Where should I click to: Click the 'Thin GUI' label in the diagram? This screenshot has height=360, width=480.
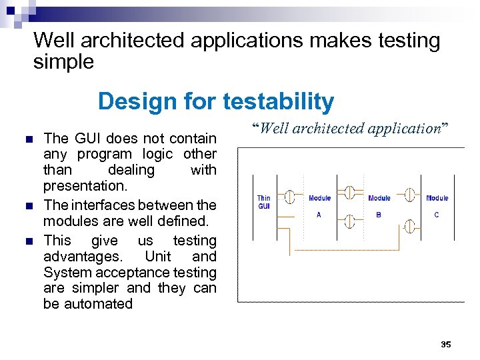pos(264,202)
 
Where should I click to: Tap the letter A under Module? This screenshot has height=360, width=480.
pos(319,215)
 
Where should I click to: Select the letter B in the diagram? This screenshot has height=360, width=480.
pos(379,215)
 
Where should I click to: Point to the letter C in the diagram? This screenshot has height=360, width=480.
pos(437,215)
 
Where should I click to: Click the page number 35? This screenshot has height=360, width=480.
pos(446,344)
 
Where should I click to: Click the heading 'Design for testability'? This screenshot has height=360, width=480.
pos(215,101)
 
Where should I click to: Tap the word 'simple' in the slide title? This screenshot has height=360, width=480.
pos(63,63)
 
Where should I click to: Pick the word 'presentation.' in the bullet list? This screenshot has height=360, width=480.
pos(85,186)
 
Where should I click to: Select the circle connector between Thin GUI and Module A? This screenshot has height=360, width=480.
pos(290,197)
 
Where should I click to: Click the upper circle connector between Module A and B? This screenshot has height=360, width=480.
pos(348,193)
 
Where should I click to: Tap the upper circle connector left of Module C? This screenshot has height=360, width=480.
pos(411,195)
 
